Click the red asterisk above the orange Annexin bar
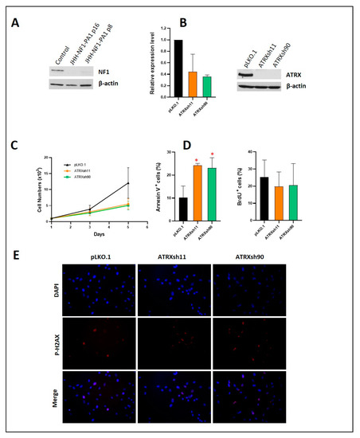coord(196,159)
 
